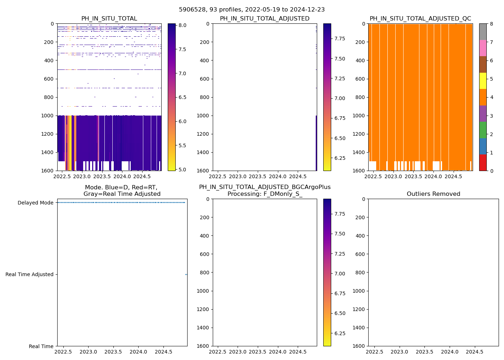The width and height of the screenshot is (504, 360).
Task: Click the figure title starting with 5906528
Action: coord(252,10)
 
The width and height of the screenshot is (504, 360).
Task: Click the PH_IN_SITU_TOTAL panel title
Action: coord(109,19)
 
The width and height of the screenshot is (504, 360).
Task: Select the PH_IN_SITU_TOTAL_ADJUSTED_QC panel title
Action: coord(420,19)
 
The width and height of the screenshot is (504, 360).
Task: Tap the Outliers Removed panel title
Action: coord(433,194)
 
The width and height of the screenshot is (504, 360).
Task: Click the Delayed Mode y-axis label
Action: coord(35,203)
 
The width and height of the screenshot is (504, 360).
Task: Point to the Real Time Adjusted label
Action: coord(29,274)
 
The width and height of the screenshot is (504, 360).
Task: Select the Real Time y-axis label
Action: coord(41,346)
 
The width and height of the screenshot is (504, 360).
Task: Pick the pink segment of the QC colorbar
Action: coord(482,48)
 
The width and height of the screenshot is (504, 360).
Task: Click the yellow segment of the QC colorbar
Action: coord(482,81)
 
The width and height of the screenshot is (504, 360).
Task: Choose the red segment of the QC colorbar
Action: coord(482,162)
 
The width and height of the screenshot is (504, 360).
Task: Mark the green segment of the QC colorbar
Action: coord(482,130)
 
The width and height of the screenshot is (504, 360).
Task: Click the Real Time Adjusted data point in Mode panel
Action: coord(186,274)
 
